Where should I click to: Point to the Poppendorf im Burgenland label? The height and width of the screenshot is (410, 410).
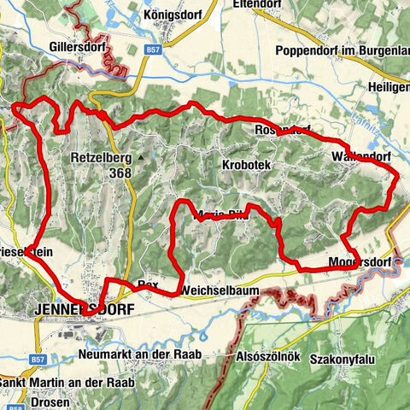tap(342, 50)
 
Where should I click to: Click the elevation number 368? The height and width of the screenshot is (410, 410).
tap(120, 172)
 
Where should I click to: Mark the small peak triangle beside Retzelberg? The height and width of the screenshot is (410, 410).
tap(139, 157)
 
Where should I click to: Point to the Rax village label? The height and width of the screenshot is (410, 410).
tap(148, 283)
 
